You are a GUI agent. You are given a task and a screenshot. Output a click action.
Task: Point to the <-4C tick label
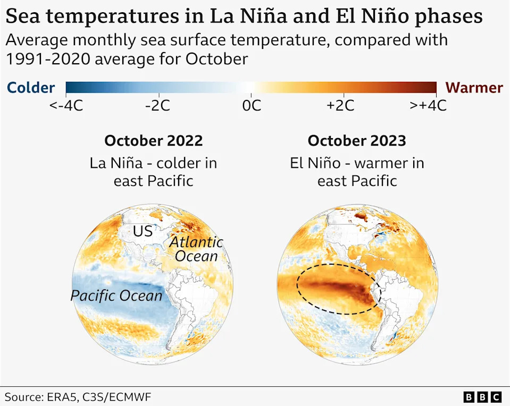click(66, 106)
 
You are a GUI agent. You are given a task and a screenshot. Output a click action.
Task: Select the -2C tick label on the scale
click(157, 106)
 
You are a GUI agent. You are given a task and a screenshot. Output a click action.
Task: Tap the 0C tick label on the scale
click(252, 106)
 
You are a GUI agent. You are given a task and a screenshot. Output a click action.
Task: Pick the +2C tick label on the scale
click(340, 106)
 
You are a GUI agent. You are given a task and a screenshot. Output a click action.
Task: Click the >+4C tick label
click(428, 106)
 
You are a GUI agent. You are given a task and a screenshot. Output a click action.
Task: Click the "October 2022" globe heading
click(153, 141)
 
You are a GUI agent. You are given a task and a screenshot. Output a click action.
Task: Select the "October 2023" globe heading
click(357, 141)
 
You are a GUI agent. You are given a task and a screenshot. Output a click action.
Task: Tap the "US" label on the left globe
click(142, 231)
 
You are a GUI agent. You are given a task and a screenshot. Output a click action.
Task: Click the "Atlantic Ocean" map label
click(196, 249)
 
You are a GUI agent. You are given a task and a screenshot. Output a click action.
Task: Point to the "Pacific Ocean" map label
click(116, 295)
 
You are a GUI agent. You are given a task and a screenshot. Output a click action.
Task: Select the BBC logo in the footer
click(482, 397)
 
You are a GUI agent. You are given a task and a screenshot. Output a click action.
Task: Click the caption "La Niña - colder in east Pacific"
click(153, 172)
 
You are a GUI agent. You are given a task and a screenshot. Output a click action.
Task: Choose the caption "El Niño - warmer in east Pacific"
click(357, 172)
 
